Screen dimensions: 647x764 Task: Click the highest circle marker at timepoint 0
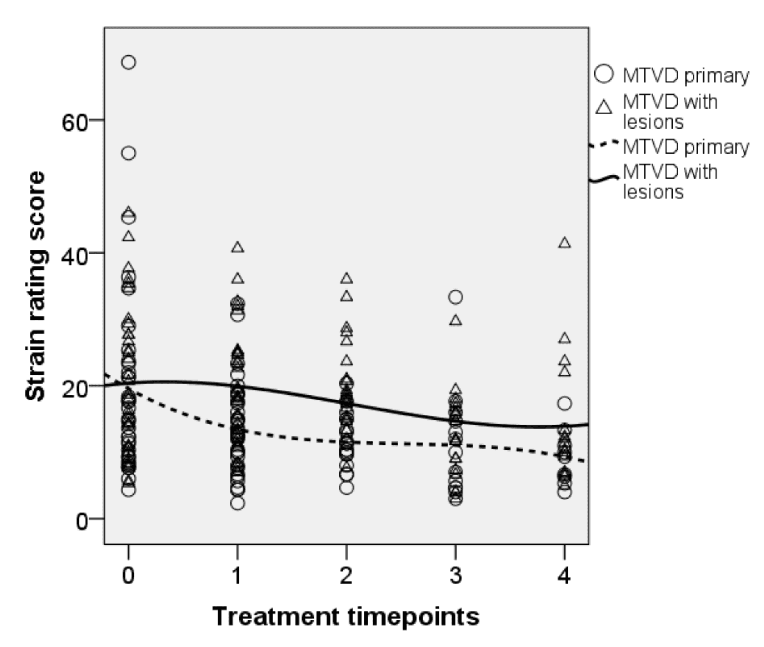pos(129,63)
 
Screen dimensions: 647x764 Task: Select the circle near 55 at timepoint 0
pos(129,153)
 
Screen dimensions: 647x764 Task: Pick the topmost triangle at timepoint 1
pos(237,248)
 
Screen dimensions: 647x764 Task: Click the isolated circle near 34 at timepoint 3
pos(455,297)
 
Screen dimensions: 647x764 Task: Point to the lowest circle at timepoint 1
pos(237,504)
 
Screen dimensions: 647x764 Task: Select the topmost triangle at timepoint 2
pos(346,279)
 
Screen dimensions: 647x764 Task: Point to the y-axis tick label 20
pos(74,389)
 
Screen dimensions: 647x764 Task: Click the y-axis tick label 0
pos(82,521)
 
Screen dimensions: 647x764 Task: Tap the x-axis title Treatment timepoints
pos(346,617)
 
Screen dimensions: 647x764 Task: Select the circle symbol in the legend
pos(604,74)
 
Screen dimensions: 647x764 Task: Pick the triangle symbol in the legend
pos(604,107)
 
